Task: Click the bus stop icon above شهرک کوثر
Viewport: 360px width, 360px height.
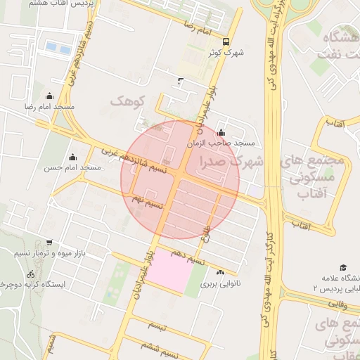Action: point(226,41)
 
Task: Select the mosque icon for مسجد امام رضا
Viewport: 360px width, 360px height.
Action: point(49,96)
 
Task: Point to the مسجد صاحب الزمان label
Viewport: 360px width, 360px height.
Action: point(220,143)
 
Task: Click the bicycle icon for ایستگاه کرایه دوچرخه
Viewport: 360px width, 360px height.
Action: point(30,274)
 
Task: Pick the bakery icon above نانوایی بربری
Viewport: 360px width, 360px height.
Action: point(221,273)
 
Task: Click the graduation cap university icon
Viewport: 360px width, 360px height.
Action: point(343,267)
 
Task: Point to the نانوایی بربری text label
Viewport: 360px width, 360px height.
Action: point(218,285)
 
